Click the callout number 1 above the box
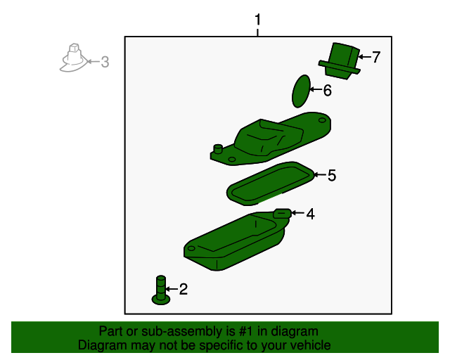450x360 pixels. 257,20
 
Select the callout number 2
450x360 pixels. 184,289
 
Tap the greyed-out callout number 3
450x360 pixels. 105,62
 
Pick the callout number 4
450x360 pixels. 310,214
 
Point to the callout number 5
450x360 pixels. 332,175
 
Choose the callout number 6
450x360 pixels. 328,90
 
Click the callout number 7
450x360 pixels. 376,57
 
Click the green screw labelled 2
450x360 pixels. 161,290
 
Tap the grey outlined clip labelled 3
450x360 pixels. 73,58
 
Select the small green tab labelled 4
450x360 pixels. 283,213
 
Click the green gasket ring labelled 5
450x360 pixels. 270,183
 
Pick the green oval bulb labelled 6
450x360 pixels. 301,91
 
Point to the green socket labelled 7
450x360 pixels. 340,61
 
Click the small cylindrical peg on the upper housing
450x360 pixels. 218,149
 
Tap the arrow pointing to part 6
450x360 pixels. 316,89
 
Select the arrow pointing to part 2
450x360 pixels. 172,289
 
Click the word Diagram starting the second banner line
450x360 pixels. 102,345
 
